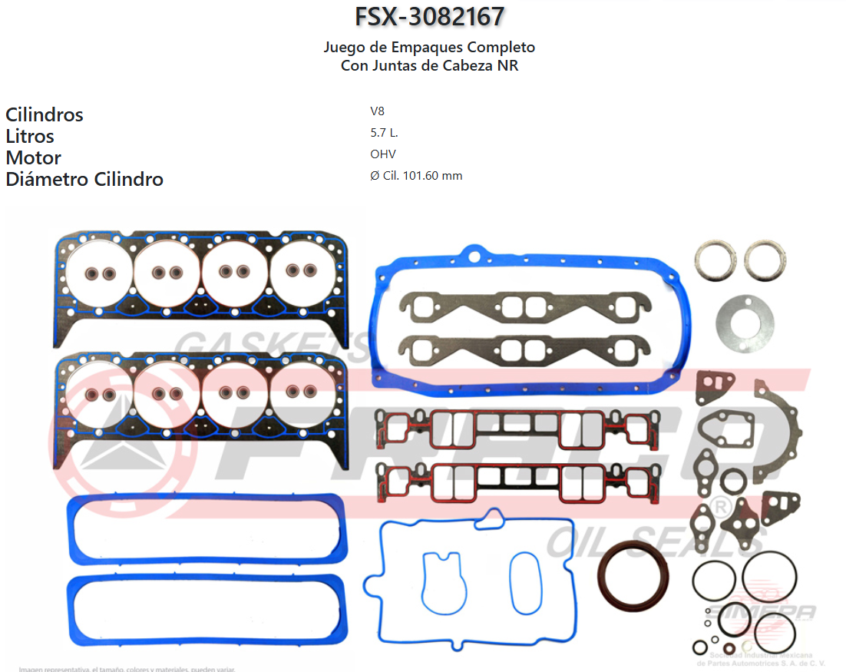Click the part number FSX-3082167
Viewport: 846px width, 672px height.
pyautogui.click(x=429, y=16)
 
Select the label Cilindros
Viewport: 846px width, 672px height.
pyautogui.click(x=45, y=115)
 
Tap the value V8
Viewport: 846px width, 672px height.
pyautogui.click(x=377, y=111)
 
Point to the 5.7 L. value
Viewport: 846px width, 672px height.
pyautogui.click(x=384, y=133)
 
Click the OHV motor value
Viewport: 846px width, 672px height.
pyautogui.click(x=382, y=154)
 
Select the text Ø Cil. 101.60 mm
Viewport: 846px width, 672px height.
pyautogui.click(x=415, y=176)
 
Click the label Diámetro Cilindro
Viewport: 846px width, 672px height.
pyautogui.click(x=84, y=180)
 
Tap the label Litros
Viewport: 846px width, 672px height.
pyautogui.click(x=30, y=137)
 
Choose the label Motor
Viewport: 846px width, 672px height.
pyautogui.click(x=33, y=158)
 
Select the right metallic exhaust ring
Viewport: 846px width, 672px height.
pyautogui.click(x=765, y=260)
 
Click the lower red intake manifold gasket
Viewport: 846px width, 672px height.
pyautogui.click(x=518, y=482)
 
